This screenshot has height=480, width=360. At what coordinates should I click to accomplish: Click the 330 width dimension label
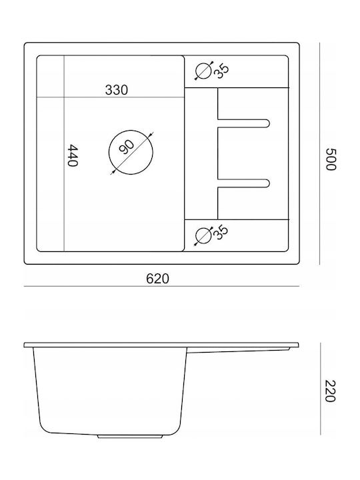click(x=116, y=90)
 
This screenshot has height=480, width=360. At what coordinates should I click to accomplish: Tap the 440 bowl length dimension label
click(x=73, y=155)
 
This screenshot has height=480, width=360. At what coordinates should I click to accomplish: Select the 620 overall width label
click(x=157, y=279)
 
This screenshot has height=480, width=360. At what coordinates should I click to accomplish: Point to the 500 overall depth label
click(x=331, y=159)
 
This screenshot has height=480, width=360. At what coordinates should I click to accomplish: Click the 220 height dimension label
click(x=331, y=391)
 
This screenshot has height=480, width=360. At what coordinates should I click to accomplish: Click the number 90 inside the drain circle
click(x=127, y=147)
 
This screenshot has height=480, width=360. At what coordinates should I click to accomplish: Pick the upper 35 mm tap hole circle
click(x=203, y=71)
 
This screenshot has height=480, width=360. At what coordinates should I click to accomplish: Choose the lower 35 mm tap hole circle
click(x=203, y=235)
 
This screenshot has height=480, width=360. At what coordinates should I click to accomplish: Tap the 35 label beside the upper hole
click(x=221, y=71)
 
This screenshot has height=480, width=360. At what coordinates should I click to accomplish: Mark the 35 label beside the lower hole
click(x=221, y=233)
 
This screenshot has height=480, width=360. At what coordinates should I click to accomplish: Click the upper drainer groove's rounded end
click(x=267, y=123)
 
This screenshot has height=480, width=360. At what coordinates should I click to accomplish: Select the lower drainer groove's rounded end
click(x=267, y=183)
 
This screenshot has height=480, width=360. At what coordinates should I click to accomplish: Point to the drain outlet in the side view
click(x=130, y=436)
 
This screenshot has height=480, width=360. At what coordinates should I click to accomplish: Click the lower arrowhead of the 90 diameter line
click(x=113, y=173)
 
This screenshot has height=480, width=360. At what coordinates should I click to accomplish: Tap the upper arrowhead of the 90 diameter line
click(x=150, y=135)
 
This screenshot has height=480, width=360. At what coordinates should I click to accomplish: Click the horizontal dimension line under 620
click(x=161, y=287)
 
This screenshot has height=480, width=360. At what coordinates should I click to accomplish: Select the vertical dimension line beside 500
click(x=320, y=153)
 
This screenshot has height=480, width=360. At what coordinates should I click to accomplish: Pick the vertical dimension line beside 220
click(x=320, y=389)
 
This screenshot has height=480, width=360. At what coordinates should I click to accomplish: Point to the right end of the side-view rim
click(x=299, y=345)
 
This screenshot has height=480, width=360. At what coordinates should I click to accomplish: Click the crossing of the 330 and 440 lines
click(x=64, y=97)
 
